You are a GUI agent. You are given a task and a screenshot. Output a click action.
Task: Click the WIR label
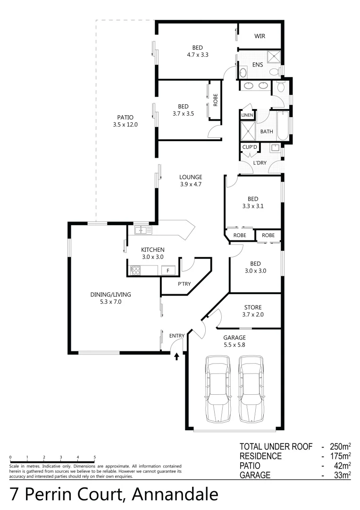tap(260, 36)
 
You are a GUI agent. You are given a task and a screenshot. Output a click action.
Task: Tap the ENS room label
tap(257, 65)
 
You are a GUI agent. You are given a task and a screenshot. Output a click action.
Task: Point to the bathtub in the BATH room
tap(283, 126)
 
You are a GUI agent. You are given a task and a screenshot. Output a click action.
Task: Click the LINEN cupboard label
tap(247, 115)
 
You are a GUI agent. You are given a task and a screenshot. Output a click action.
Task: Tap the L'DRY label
tap(260, 163)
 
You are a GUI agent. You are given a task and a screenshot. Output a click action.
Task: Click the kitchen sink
tap(142, 230)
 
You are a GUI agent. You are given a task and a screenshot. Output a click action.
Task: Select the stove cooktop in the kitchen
tap(135, 271)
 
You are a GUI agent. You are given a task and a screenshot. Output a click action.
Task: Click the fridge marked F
tap(167, 271)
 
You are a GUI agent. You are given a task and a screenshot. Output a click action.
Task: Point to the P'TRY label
tap(184, 284)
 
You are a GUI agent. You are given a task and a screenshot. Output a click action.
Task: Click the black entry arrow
tap(177, 357)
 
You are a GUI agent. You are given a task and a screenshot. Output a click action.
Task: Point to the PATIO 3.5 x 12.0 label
tap(125, 121)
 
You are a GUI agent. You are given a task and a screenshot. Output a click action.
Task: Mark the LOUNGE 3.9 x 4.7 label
tap(190, 181)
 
